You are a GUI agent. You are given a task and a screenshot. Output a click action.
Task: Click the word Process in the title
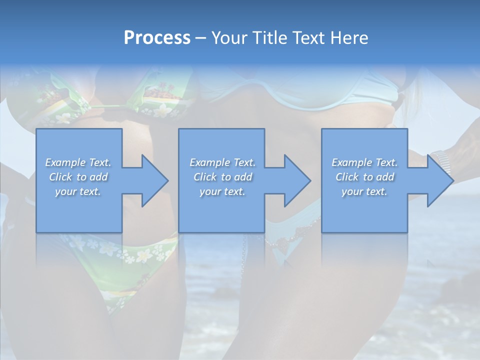tap(157, 38)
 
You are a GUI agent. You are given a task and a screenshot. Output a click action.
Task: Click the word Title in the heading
tap(267, 38)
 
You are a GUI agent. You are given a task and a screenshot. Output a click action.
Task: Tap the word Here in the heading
tap(349, 38)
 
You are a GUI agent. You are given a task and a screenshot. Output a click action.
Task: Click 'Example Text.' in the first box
tap(78, 162)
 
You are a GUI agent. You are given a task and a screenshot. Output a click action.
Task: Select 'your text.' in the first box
tap(78, 191)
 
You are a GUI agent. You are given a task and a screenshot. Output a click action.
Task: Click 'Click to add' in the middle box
tap(222, 177)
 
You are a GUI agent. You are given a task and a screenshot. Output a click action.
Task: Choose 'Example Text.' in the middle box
tap(222, 162)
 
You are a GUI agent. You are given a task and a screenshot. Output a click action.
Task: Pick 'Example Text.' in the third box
tap(364, 162)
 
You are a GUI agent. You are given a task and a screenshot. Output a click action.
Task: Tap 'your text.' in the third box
tap(364, 191)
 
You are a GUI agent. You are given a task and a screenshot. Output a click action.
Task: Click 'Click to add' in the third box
tap(364, 177)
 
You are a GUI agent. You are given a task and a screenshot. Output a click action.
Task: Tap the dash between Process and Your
tap(200, 38)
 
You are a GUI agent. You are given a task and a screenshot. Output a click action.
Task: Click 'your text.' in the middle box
tap(222, 191)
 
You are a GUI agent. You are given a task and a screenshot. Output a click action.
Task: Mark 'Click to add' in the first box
tap(78, 177)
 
